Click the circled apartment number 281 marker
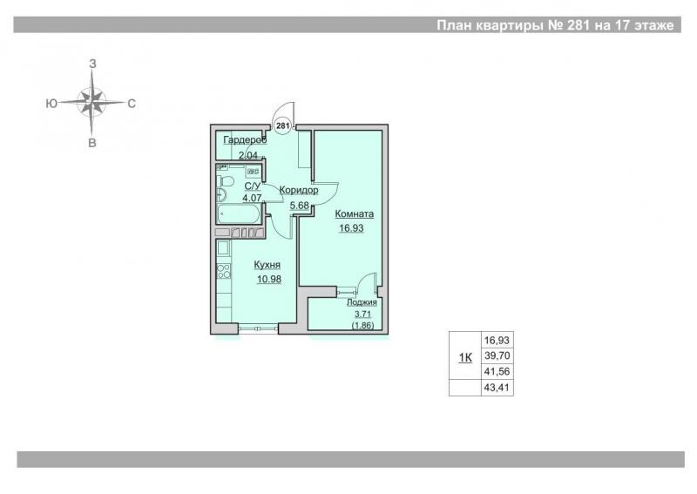tap(282, 125)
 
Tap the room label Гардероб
tap(245, 140)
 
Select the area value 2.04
tap(248, 155)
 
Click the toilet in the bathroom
tap(226, 181)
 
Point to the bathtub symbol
tap(239, 214)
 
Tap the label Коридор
tap(299, 190)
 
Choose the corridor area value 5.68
tap(299, 206)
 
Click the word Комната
tap(355, 213)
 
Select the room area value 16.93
tap(351, 228)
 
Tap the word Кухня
tap(267, 265)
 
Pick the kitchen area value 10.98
tap(269, 280)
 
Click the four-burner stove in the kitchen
tap(224, 271)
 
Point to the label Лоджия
tap(362, 302)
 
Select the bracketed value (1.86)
tap(362, 326)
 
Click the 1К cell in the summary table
tap(465, 357)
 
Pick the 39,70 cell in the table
tap(497, 356)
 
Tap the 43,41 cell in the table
tap(497, 388)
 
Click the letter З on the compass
tap(92, 64)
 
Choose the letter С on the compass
tap(132, 104)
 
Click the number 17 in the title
tap(621, 25)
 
